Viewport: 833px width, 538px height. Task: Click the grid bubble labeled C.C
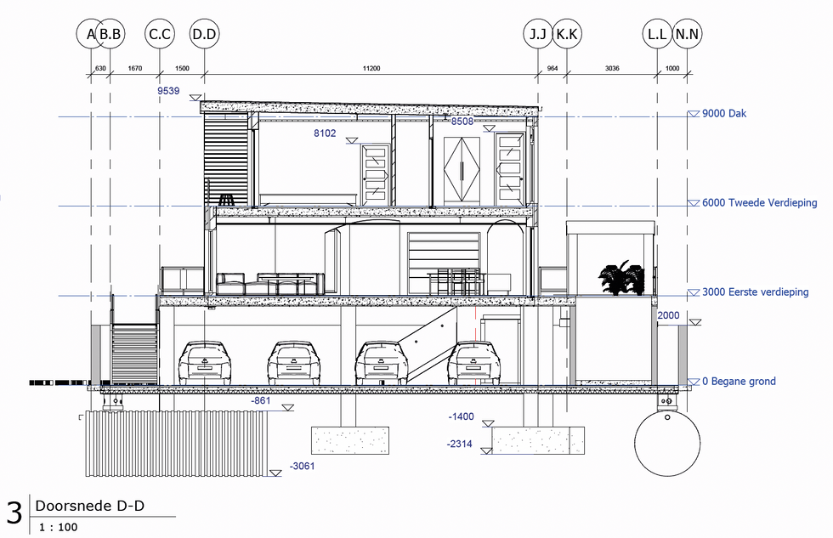(x=160, y=34)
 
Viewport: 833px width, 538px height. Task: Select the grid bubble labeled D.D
(x=205, y=34)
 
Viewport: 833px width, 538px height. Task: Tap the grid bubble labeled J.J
(x=538, y=34)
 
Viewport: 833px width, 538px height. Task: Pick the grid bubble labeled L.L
(x=657, y=34)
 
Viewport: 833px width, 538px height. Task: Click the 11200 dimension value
(x=371, y=68)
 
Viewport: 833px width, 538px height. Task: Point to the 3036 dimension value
(x=612, y=68)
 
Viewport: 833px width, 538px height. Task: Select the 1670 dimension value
(x=135, y=68)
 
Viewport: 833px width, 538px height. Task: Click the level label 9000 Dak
(x=724, y=113)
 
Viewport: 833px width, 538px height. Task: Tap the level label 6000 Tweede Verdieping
(x=760, y=202)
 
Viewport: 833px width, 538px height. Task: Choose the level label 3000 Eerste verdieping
(x=756, y=292)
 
